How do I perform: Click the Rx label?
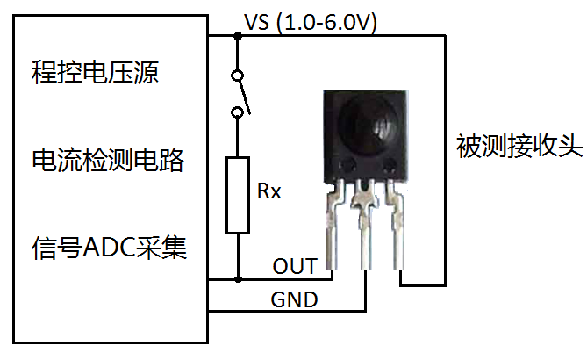269,191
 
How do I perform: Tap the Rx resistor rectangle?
238,195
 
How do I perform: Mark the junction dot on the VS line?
238,36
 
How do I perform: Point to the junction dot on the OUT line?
238,279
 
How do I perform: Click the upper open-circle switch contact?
237,76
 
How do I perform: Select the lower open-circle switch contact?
237,112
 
